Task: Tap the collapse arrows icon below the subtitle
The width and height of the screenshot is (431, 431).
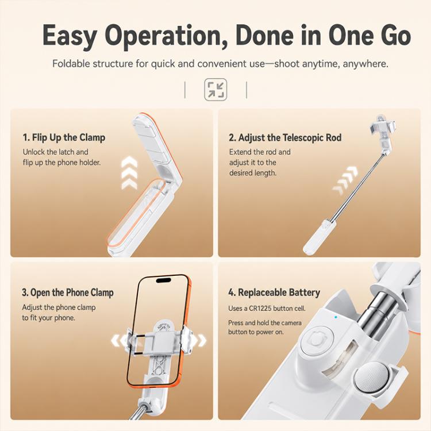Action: [215, 89]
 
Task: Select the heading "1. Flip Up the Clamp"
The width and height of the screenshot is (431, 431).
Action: [64, 137]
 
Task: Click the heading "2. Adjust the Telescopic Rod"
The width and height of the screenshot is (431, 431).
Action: [285, 137]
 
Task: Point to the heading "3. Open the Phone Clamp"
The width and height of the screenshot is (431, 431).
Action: [68, 293]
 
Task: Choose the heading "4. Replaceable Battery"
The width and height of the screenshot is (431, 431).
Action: [274, 293]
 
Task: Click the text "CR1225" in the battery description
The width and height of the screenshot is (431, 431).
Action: [260, 309]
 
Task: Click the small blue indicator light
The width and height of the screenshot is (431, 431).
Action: [336, 317]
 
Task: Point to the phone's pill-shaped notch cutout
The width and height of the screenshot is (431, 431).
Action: [163, 280]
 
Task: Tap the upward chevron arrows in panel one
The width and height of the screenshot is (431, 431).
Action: [129, 172]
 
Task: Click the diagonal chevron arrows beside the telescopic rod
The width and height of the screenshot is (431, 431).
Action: [345, 180]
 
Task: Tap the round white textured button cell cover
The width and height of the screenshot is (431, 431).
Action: [374, 376]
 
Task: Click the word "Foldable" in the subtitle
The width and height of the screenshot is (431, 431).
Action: [71, 64]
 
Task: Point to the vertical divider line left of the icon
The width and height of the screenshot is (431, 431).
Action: [185, 90]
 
